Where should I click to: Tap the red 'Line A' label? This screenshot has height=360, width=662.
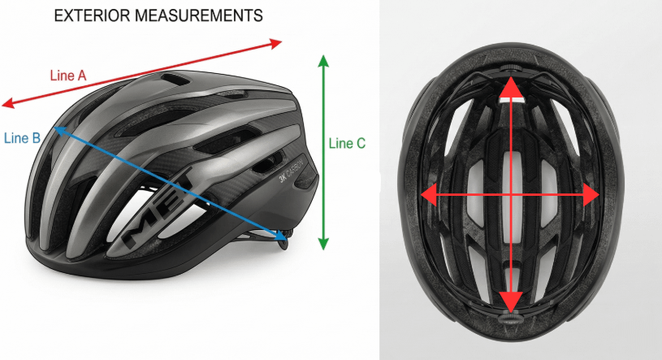tap(68, 76)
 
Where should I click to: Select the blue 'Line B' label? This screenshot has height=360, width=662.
tap(22, 137)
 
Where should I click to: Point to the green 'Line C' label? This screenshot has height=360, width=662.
tap(347, 143)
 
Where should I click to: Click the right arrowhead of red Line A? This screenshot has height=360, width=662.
tap(276, 42)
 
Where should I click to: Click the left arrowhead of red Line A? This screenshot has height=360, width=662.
tap(8, 103)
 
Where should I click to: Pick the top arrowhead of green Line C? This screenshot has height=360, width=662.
tap(323, 60)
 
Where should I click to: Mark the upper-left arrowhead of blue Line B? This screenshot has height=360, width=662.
tap(58, 128)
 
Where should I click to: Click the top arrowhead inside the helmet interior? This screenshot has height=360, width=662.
tap(510, 86)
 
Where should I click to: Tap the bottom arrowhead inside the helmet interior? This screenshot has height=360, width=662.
tap(510, 302)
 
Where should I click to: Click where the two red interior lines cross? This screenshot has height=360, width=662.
tap(510, 195)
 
